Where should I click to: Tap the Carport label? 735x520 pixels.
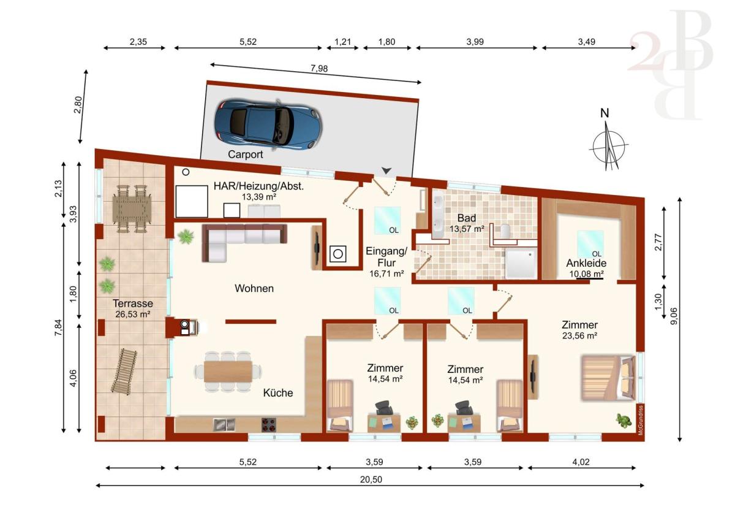pos(246,155)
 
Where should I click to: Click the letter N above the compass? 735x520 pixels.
pos(605,113)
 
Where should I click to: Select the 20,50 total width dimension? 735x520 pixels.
pos(371,480)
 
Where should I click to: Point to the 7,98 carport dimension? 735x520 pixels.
pos(319,69)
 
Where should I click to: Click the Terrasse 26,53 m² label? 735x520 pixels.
pos(132,308)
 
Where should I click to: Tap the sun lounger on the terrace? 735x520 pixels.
pos(124,371)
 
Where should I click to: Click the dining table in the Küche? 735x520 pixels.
pos(228,372)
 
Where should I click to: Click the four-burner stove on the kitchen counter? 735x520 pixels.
pos(269,424)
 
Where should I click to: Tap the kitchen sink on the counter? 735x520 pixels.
pos(224,424)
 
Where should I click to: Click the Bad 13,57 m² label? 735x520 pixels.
pos(467,223)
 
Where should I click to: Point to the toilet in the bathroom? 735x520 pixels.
pos(505,231)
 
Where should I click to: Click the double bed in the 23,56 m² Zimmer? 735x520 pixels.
pos(608,378)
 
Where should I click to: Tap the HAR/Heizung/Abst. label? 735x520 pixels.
pos(258,186)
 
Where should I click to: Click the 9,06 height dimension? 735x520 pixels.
pos(674,316)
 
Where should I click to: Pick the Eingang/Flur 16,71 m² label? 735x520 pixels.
pos(386,262)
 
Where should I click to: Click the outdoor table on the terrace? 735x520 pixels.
pos(132,208)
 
